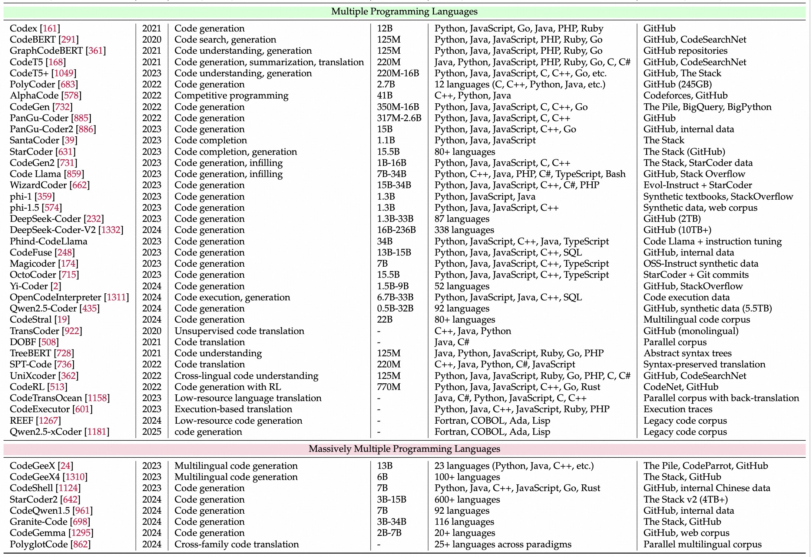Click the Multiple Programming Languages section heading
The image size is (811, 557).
coord(404,11)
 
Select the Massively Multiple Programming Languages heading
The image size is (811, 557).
coord(404,449)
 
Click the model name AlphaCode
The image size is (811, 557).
coord(34,96)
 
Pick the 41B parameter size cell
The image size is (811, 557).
coord(385,96)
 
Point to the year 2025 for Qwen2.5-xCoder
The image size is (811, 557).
coord(152,432)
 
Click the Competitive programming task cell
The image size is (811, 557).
coord(231,96)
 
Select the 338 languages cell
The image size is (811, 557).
coord(464,230)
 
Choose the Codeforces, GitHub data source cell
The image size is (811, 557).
coord(685,96)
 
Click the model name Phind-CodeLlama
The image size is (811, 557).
coord(49,241)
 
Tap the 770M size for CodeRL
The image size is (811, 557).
coord(389,387)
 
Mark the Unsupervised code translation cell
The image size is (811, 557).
coord(239,331)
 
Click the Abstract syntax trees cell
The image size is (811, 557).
coord(687,353)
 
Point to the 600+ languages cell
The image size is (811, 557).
coord(467,500)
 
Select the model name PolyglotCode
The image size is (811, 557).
coord(39,544)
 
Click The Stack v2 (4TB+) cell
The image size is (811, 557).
coord(685,500)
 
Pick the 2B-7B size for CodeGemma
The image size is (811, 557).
coord(389,533)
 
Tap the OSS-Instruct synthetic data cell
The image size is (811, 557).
coord(701,264)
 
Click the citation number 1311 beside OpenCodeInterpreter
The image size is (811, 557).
coord(116,297)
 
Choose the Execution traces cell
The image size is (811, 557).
coord(678,409)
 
